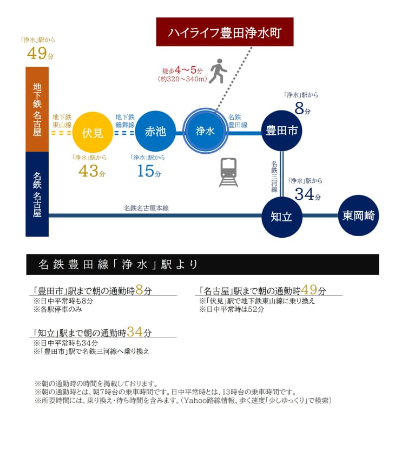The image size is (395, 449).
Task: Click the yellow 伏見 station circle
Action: coord(93,132)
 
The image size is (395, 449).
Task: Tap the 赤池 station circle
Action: coord(155,131)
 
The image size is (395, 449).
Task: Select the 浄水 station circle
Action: coord(205,131)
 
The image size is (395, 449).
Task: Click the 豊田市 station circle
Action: coord(281,131)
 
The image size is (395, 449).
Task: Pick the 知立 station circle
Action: coord(281,216)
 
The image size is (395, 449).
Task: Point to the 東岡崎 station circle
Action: coord(358,216)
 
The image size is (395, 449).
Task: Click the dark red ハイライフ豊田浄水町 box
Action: coord(224,33)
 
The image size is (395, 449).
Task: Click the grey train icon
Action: coord(228,172)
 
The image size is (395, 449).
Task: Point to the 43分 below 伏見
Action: coord(91,171)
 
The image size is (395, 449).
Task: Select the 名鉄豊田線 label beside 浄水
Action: coord(238,121)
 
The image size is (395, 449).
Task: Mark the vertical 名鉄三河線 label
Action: coord(274,177)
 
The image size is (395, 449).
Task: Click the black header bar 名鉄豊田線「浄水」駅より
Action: coord(202,264)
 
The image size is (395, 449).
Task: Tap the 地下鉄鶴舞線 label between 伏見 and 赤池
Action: coord(125,121)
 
